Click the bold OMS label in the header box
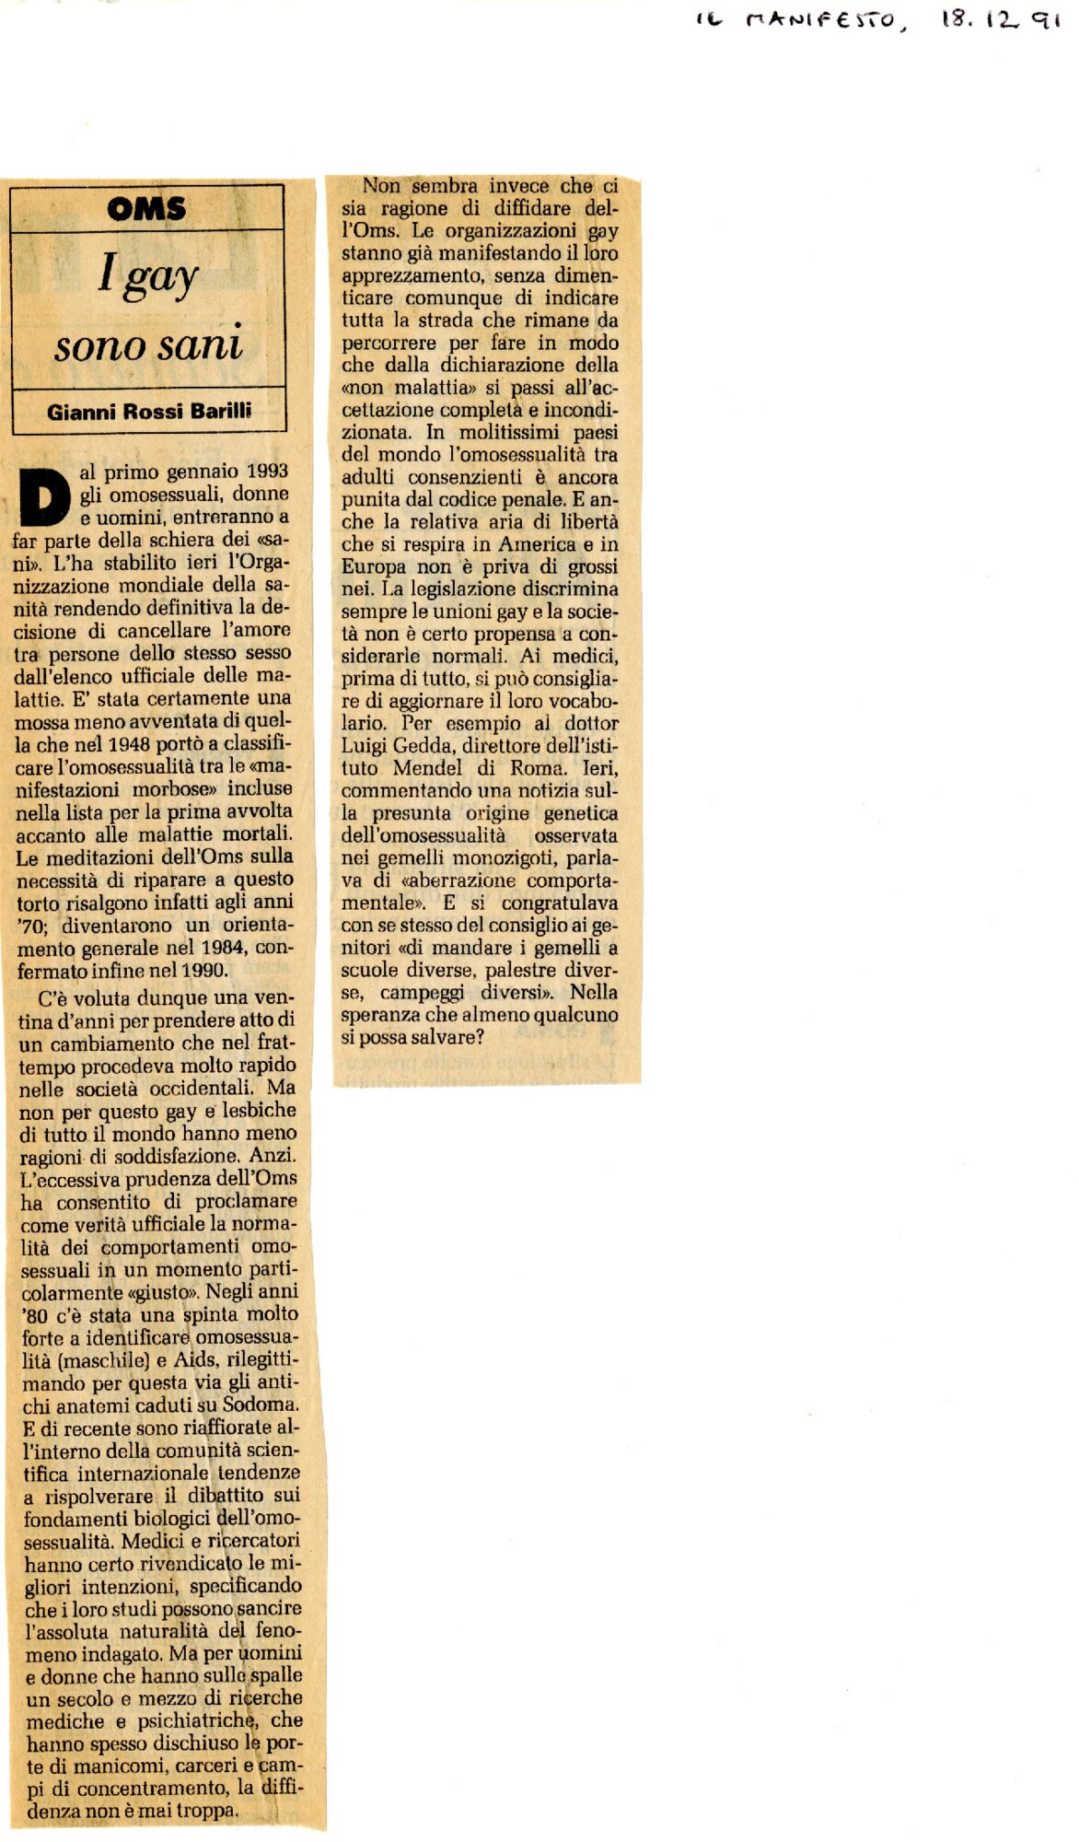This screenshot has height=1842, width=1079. click(146, 209)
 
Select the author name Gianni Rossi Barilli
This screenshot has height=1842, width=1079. click(149, 411)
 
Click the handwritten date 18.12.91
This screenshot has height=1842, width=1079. click(999, 19)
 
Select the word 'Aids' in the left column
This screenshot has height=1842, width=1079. click(194, 1360)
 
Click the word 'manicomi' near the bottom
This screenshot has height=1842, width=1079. click(115, 1766)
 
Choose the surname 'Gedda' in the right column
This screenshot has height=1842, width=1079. click(424, 746)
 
